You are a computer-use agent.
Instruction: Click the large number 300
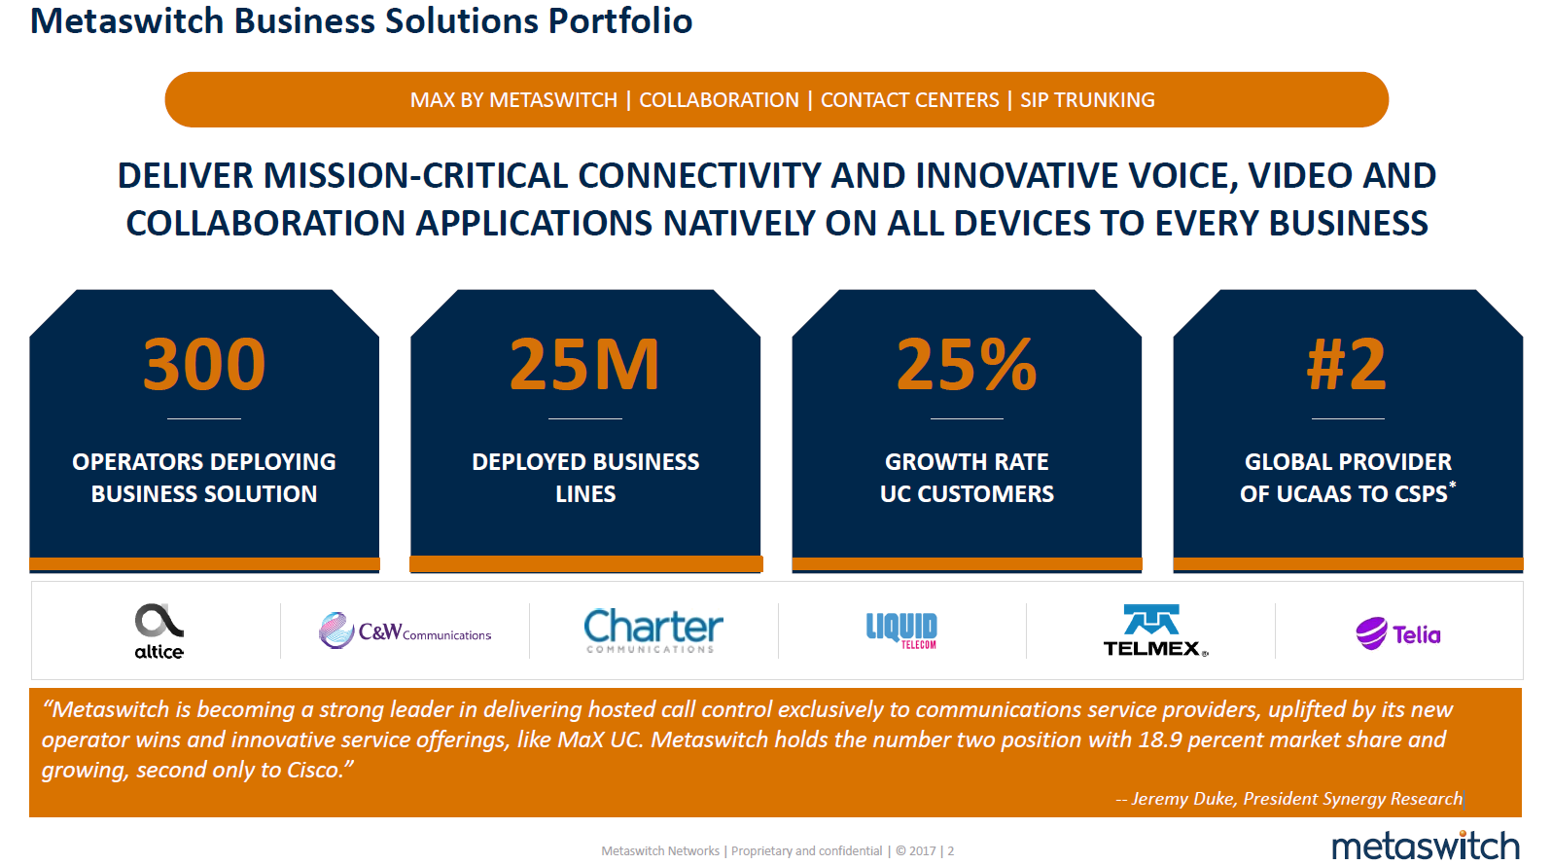(203, 365)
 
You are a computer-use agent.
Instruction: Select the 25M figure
(584, 365)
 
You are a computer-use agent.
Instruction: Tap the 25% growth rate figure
(967, 365)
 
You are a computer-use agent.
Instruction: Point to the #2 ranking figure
(1347, 365)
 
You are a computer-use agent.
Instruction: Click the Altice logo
(159, 631)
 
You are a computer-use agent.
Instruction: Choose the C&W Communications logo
(405, 631)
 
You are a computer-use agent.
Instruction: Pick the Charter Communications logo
(653, 631)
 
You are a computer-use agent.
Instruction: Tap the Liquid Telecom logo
(901, 631)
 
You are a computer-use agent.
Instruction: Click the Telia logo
(1398, 633)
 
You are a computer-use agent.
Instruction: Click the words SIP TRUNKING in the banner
(1087, 100)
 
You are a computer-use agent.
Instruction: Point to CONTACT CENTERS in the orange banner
(909, 100)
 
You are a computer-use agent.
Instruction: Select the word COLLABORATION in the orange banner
(719, 100)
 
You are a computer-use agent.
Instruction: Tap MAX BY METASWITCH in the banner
(513, 100)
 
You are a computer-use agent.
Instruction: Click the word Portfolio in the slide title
(620, 20)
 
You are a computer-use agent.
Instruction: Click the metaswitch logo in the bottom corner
(1426, 846)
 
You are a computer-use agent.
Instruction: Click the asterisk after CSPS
(1452, 485)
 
